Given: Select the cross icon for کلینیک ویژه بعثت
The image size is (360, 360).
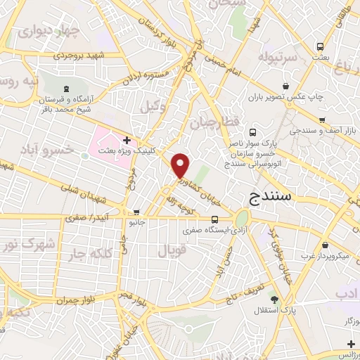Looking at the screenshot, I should (x=126, y=141).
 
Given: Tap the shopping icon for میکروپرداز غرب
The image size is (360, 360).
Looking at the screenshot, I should (x=325, y=245).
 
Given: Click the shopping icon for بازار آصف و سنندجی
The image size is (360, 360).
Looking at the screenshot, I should (x=322, y=120).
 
